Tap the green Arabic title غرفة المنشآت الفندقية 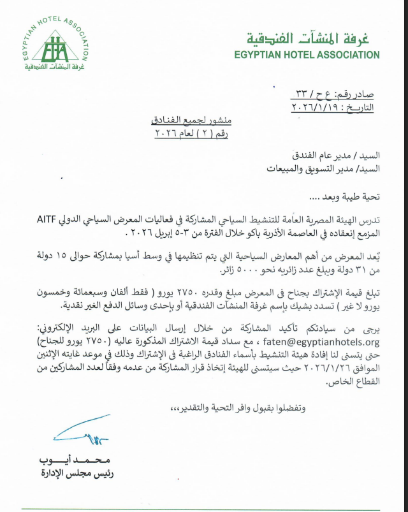click(315, 38)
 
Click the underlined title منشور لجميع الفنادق click(189, 121)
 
